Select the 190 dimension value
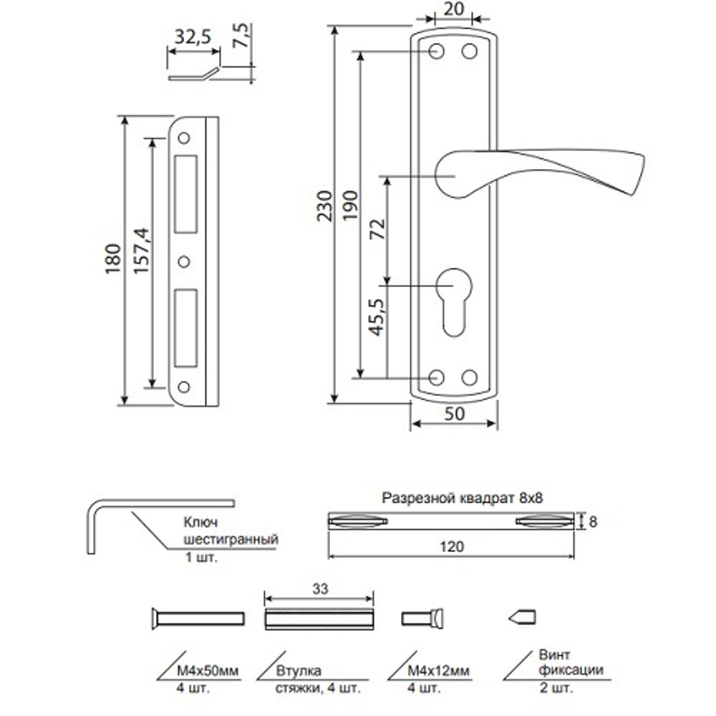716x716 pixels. [x=350, y=209]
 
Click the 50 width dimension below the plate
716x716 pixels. [x=454, y=415]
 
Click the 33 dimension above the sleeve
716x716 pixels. [x=319, y=589]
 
